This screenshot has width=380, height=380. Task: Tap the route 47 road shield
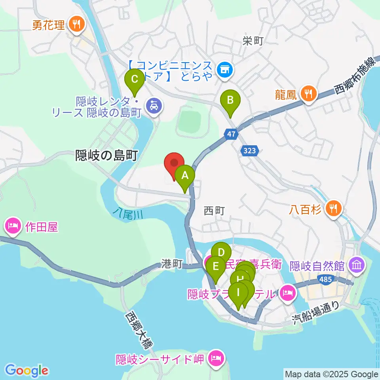point(232,134)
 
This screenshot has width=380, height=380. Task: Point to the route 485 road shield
point(325,280)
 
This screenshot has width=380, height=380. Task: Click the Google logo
point(27,370)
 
